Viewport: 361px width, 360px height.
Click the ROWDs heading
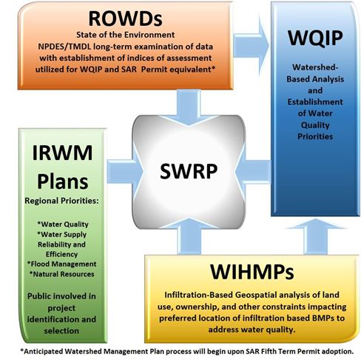[125, 19]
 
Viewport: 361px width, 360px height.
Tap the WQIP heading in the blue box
[315, 39]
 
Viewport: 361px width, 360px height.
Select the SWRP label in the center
[189, 171]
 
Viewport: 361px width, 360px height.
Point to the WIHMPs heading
[252, 272]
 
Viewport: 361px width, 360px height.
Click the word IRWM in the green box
[62, 153]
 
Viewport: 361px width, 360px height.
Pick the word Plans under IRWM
[63, 182]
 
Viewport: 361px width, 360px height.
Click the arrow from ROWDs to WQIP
[251, 46]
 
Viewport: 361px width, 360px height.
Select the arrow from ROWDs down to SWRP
[189, 107]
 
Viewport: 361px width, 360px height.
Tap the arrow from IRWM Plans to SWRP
[125, 171]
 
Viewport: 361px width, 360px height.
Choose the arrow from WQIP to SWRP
[253, 171]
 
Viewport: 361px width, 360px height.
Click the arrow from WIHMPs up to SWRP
[189, 236]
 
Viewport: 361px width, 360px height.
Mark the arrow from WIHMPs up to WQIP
[316, 236]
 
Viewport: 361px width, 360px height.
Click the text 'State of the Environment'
[125, 35]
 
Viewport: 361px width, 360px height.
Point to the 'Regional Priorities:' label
[61, 201]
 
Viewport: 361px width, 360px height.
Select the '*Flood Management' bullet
[61, 264]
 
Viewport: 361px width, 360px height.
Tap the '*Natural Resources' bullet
[61, 274]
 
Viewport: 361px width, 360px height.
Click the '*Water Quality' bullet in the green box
[63, 224]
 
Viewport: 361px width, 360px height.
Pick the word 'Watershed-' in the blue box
[315, 67]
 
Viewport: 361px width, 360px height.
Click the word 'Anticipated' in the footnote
[41, 351]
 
